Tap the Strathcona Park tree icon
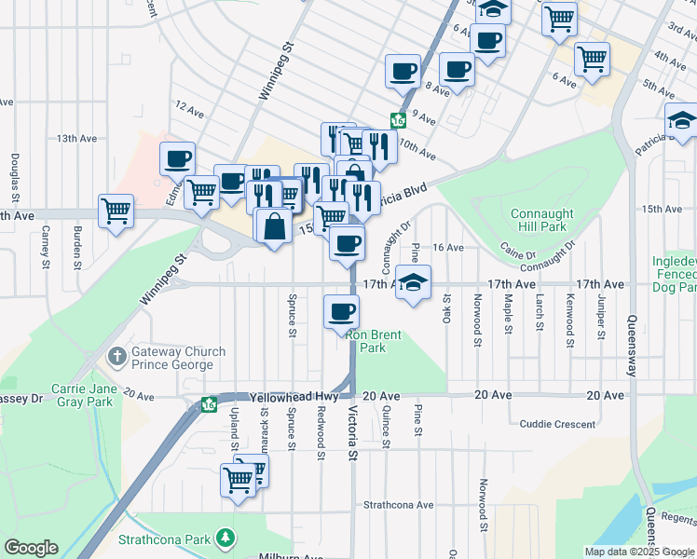point(225,539)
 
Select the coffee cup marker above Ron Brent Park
point(341,310)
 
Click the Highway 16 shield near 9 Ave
point(399,120)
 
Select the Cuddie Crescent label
point(557,424)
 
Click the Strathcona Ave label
point(399,505)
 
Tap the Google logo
point(31,548)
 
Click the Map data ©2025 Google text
point(639,552)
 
